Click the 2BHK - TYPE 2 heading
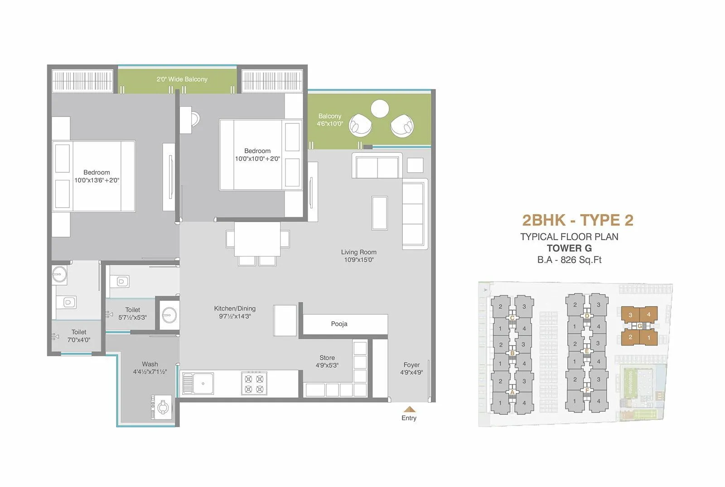(578, 220)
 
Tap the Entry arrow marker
(409, 409)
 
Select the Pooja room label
(339, 324)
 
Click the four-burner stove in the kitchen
(254, 383)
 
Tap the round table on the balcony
(380, 109)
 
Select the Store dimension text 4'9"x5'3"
(327, 365)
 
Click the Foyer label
(411, 365)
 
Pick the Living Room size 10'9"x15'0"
(358, 260)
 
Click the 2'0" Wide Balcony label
(182, 79)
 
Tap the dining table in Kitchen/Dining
(257, 239)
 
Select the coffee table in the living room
(379, 213)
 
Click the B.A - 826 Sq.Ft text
(570, 260)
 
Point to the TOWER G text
(569, 248)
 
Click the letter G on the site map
(639, 326)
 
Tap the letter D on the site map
(587, 316)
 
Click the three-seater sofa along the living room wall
(414, 214)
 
